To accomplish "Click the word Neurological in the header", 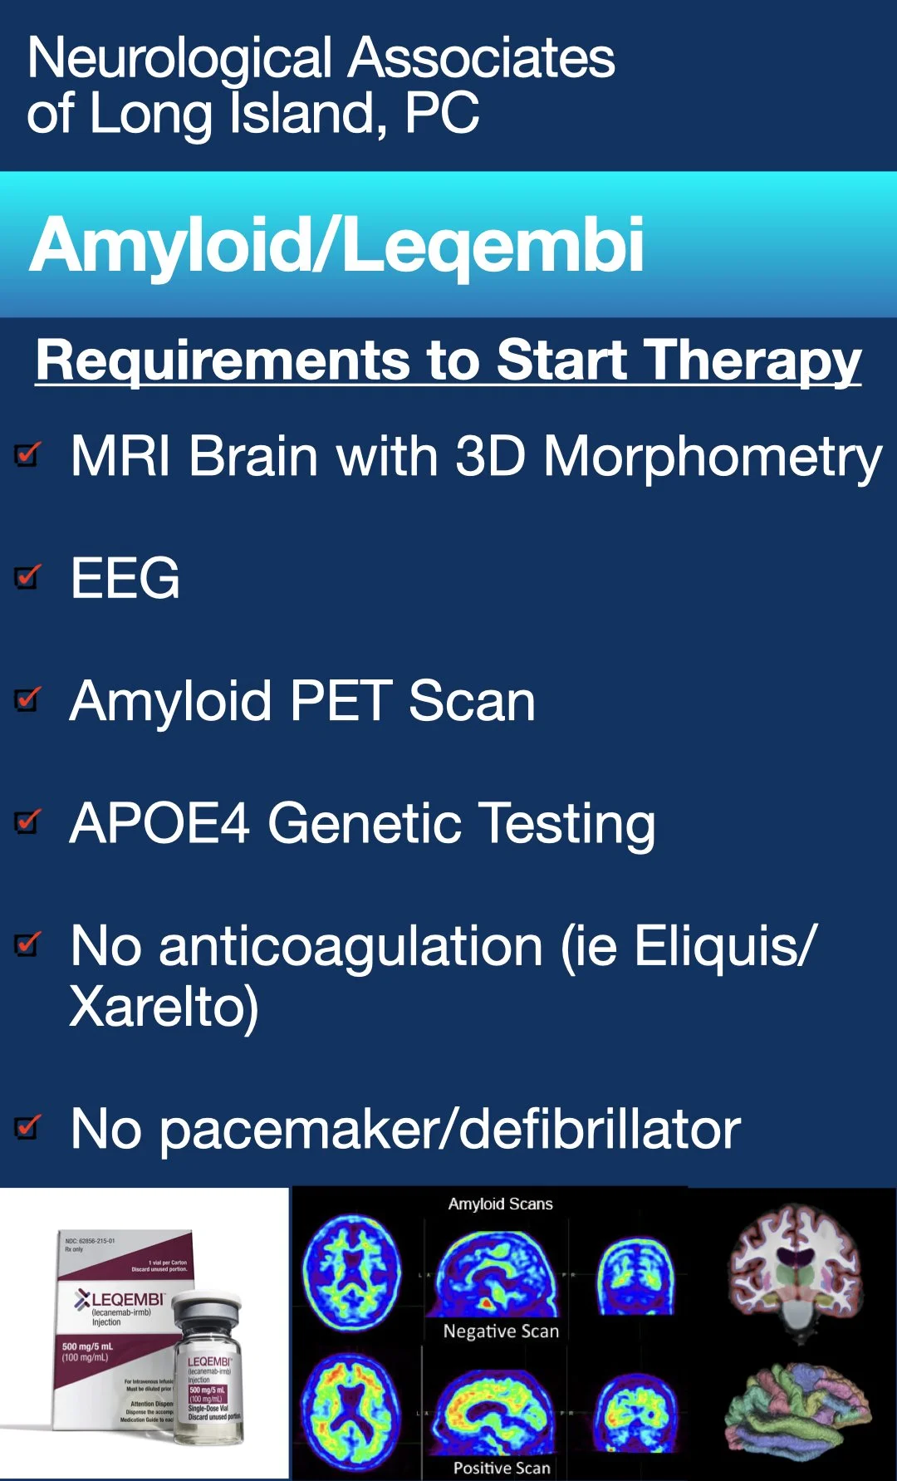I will [x=179, y=60].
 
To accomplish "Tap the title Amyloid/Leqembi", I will [x=336, y=245].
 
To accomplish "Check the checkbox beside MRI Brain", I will [x=28, y=454].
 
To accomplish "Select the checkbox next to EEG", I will [x=28, y=576].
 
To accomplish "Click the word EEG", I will [x=125, y=578].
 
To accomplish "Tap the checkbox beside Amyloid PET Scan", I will [x=28, y=699].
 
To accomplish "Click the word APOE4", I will [x=159, y=823].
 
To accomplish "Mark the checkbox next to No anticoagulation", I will [x=28, y=944].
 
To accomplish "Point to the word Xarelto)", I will [x=164, y=1008].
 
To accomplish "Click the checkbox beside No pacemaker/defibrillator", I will [x=28, y=1127].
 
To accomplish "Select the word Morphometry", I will [x=712, y=457].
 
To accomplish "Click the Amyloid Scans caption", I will [x=500, y=1204].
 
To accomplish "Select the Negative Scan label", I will [x=501, y=1331].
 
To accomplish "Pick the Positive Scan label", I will [x=502, y=1468].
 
